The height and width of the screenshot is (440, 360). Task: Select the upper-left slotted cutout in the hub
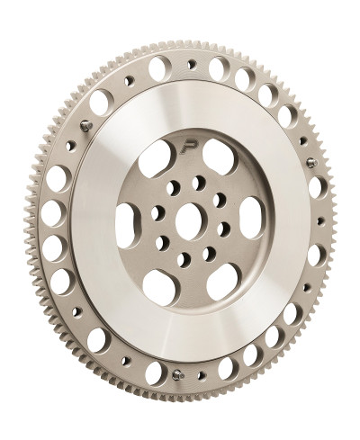[x=158, y=156]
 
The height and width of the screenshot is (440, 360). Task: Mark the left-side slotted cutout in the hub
[x=125, y=220]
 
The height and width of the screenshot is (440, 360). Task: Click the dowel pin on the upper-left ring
[x=85, y=126]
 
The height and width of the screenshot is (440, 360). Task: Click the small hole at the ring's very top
[x=191, y=64]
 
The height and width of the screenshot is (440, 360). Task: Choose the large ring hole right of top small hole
[x=220, y=67]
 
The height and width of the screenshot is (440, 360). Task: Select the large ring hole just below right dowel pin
[x=316, y=187]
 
